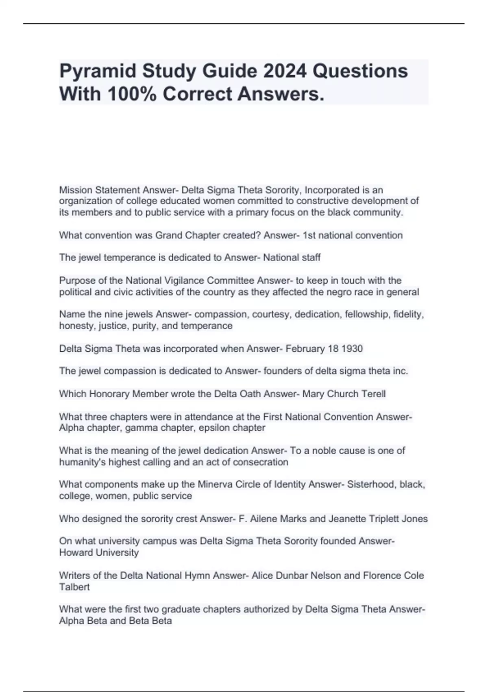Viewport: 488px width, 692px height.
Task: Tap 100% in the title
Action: (x=132, y=94)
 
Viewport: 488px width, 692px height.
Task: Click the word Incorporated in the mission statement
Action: (x=333, y=190)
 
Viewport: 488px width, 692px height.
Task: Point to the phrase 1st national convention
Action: (x=353, y=235)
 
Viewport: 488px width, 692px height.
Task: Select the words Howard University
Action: (x=99, y=553)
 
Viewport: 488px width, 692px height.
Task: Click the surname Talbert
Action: (x=74, y=587)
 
